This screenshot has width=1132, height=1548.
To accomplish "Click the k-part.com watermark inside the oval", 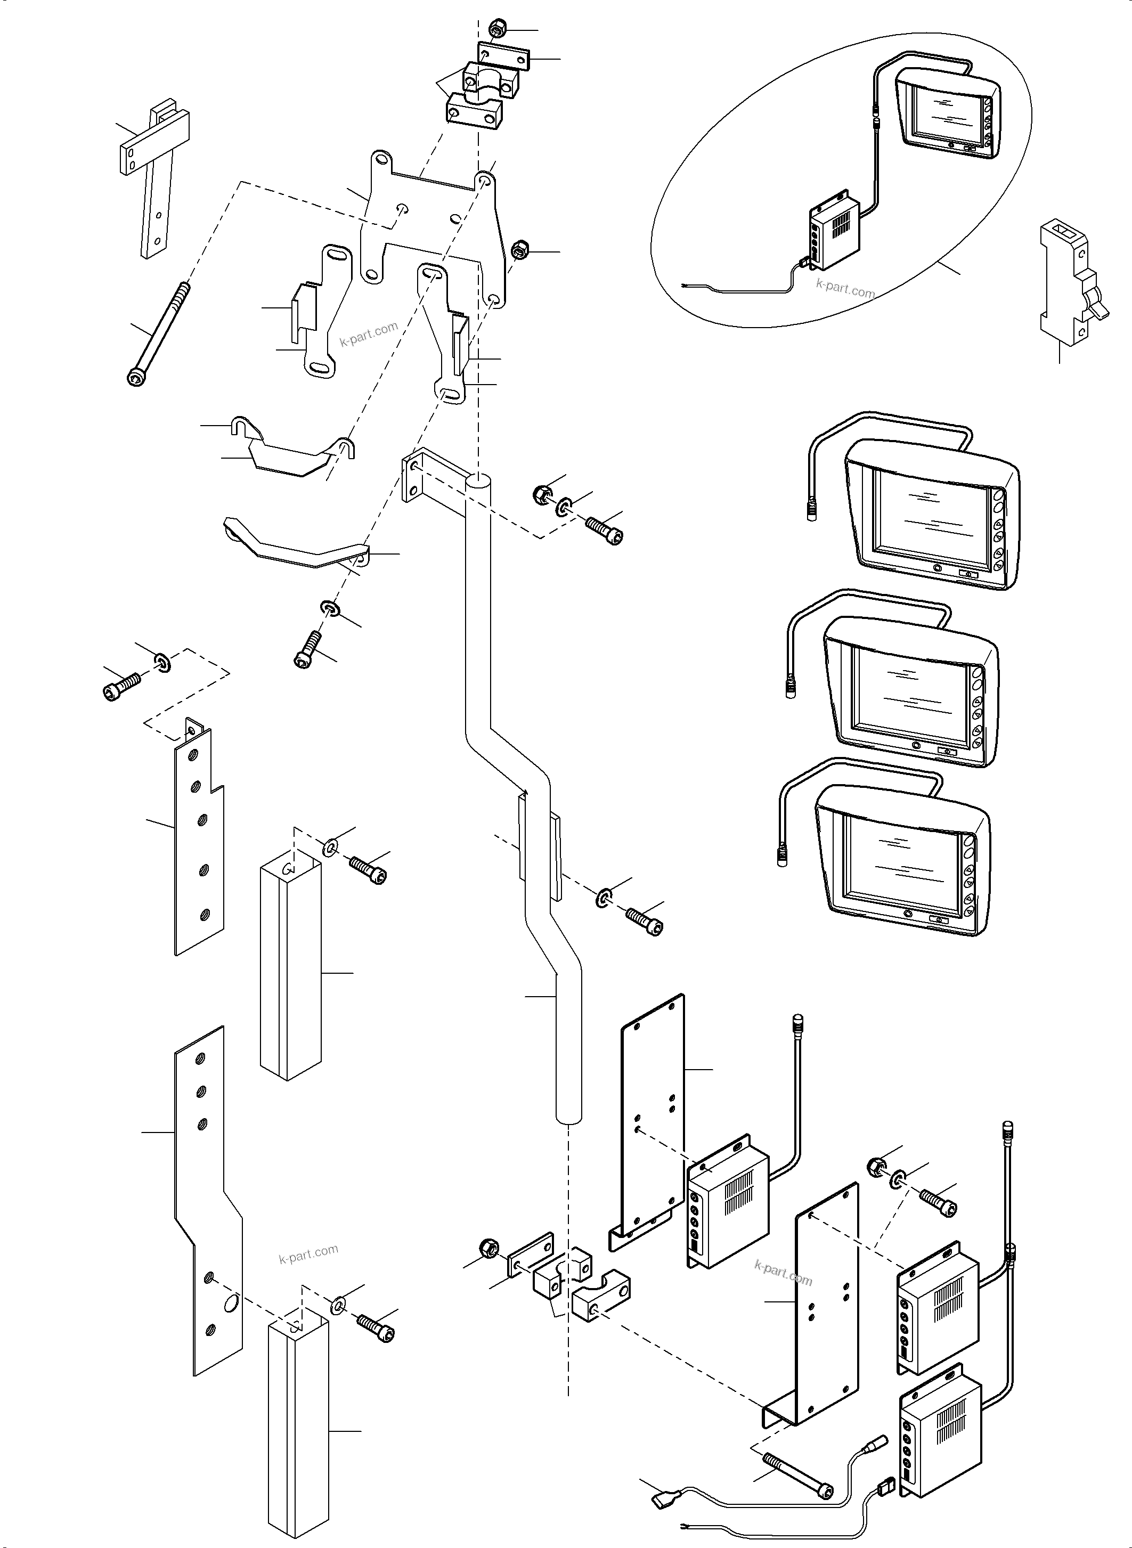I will coord(845,289).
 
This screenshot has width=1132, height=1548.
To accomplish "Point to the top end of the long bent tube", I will coord(478,483).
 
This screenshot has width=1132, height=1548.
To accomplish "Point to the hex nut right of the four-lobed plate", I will coord(520,249).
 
